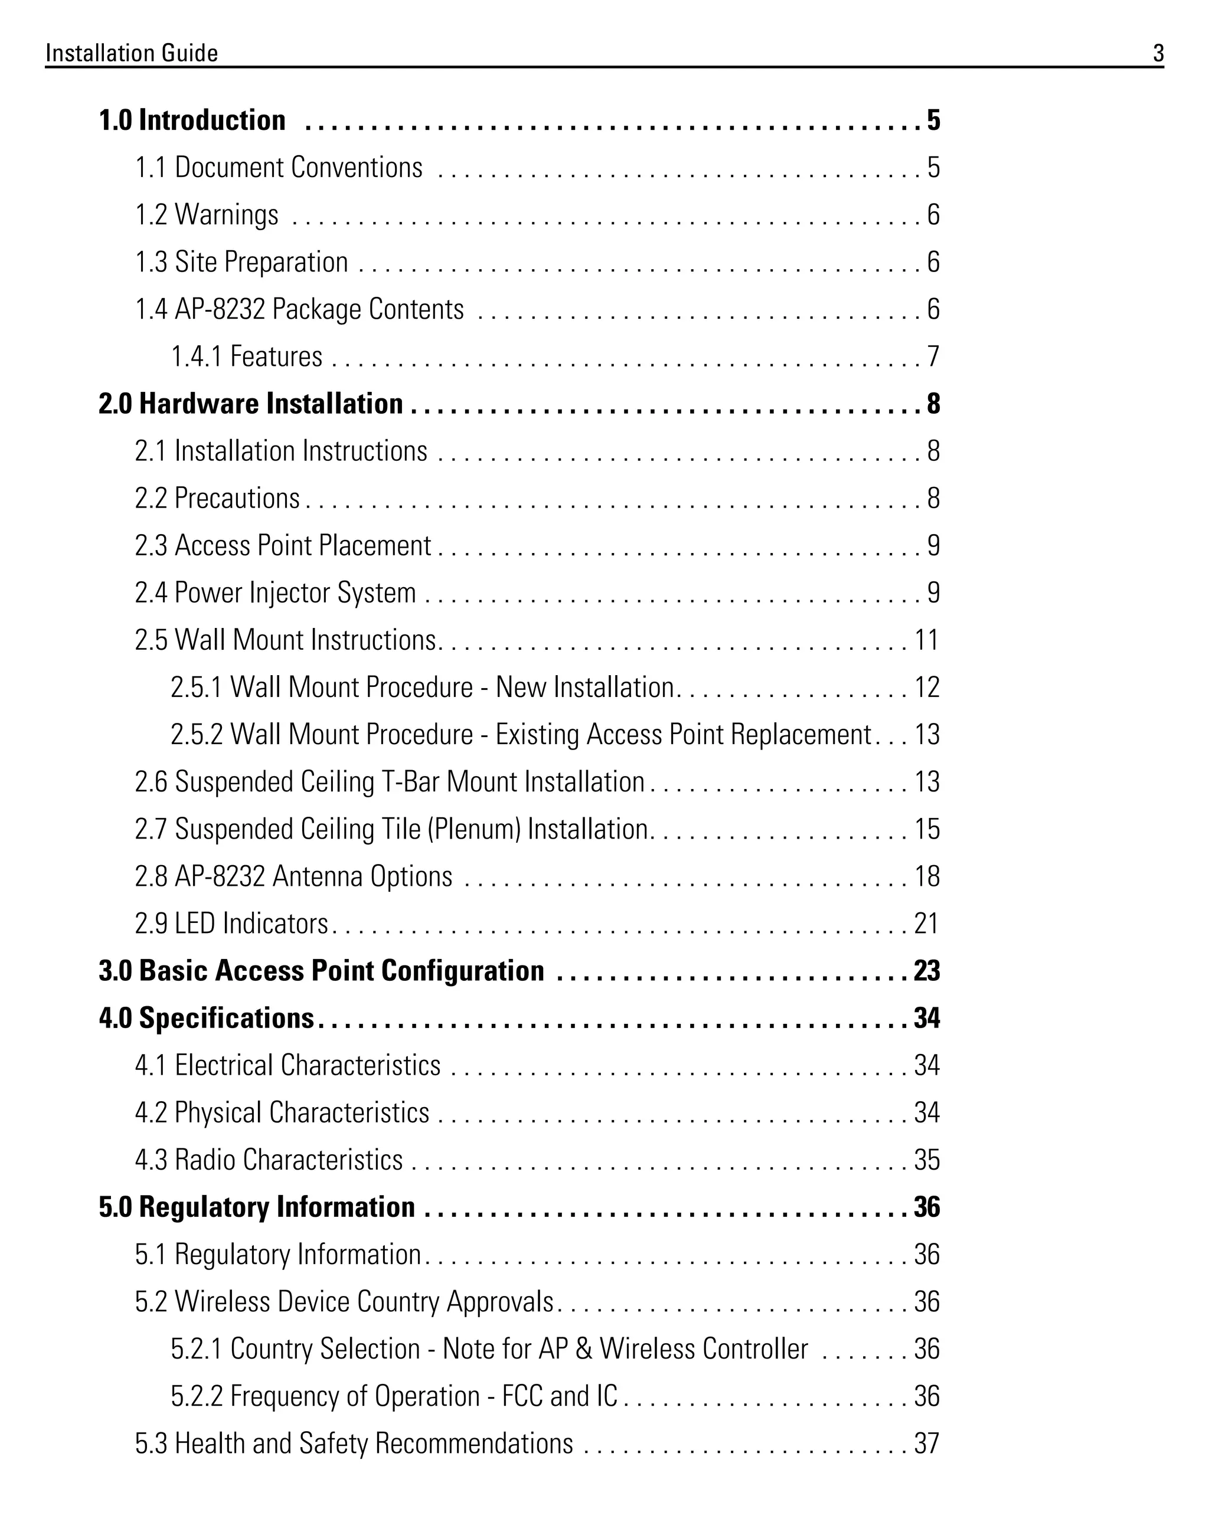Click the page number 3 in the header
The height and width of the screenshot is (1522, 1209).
(x=1158, y=53)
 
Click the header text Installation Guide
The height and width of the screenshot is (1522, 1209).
(x=132, y=53)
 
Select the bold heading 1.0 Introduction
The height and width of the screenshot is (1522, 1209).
(x=192, y=121)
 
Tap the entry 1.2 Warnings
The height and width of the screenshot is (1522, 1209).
(x=207, y=215)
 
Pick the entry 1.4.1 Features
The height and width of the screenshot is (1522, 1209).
(x=246, y=356)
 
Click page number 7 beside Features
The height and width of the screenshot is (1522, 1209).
(x=933, y=356)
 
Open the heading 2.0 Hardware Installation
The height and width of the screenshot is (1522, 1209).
(x=251, y=404)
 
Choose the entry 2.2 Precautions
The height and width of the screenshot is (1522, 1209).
(x=217, y=499)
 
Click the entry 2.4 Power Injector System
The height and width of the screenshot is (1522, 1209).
(x=276, y=593)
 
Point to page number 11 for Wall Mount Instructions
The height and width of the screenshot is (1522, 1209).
(x=926, y=640)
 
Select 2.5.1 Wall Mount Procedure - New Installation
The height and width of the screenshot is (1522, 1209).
(x=422, y=688)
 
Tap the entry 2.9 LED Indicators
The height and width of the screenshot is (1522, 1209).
(x=231, y=924)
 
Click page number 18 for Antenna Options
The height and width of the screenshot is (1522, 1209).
(x=926, y=877)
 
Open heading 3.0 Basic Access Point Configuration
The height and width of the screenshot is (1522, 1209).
(x=321, y=971)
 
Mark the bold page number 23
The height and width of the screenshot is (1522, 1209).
(x=926, y=971)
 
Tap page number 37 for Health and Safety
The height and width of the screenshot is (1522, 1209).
(x=926, y=1444)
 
